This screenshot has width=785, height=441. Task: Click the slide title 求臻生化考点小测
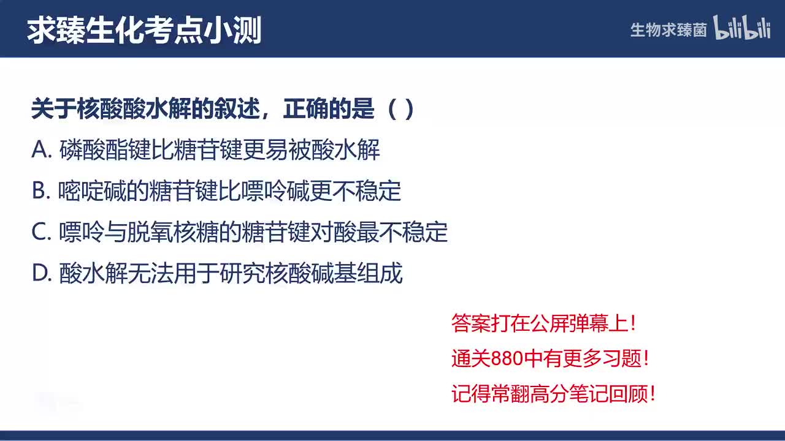(144, 30)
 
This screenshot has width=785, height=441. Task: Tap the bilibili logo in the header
(742, 28)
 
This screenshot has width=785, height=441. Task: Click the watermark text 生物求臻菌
(668, 30)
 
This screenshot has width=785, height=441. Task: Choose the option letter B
(40, 191)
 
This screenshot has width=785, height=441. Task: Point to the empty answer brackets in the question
(402, 110)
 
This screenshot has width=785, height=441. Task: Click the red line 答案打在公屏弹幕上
(543, 323)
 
